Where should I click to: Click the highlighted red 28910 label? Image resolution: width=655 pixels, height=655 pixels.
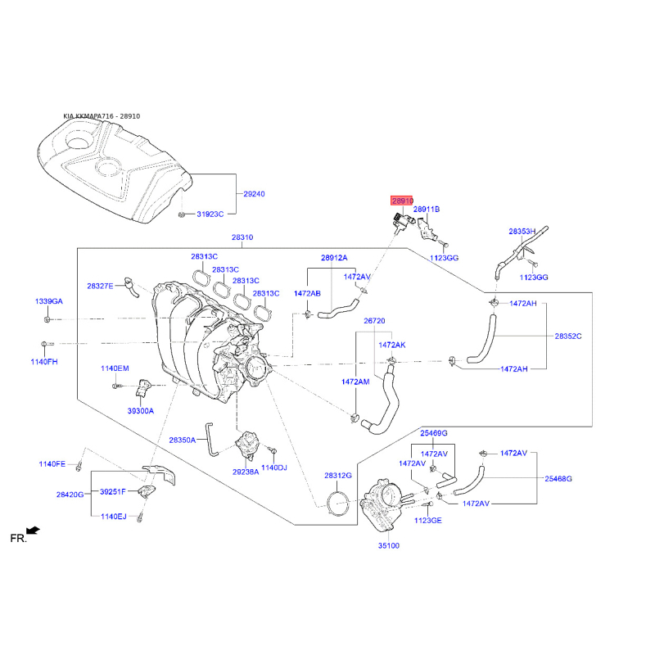click(x=402, y=201)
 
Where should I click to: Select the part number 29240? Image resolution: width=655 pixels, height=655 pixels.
click(x=254, y=194)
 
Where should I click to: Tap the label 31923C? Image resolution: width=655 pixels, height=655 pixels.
click(x=210, y=215)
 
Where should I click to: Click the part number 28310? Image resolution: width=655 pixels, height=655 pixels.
click(x=242, y=237)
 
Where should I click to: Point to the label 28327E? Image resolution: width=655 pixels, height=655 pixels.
click(x=100, y=286)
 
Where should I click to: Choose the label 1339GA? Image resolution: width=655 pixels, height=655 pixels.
click(x=48, y=301)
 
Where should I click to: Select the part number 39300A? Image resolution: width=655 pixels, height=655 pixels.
click(x=140, y=410)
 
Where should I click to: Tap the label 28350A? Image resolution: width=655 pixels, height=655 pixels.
click(x=183, y=440)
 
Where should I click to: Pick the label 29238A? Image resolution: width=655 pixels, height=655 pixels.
click(x=245, y=472)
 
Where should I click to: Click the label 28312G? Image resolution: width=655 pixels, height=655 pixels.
click(x=337, y=475)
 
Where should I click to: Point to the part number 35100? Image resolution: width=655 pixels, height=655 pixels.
click(x=388, y=544)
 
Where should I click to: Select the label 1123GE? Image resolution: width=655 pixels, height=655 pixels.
click(x=427, y=520)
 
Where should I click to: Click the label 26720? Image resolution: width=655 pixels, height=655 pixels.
click(x=374, y=321)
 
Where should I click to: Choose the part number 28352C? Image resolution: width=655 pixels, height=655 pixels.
click(x=567, y=336)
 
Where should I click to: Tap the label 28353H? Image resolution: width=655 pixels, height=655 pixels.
click(x=522, y=232)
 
